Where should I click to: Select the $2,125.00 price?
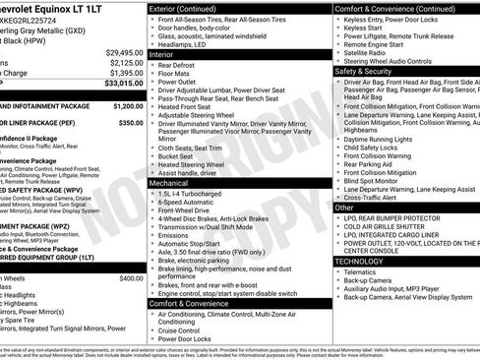[125, 63]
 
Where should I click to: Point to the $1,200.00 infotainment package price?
[128, 105]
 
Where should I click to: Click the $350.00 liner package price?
[131, 123]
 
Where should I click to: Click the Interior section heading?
[162, 55]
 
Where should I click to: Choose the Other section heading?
[344, 208]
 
